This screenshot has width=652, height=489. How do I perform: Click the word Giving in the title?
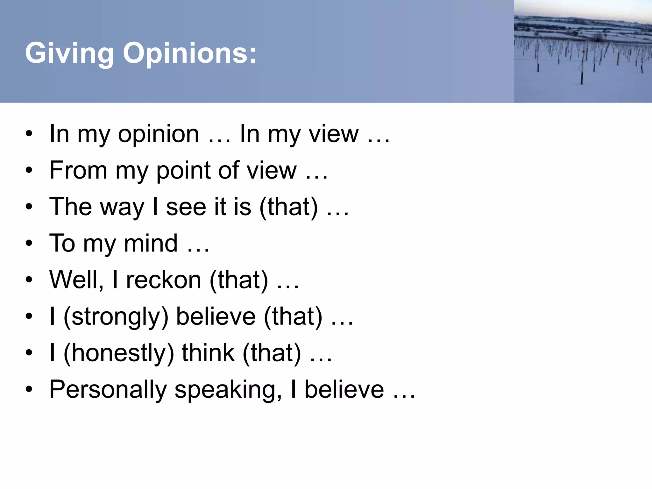pyautogui.click(x=69, y=53)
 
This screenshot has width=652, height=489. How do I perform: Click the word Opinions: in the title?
pyautogui.click(x=189, y=53)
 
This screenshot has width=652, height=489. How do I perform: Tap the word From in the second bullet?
pyautogui.click(x=78, y=171)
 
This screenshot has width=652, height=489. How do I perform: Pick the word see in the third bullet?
pyautogui.click(x=186, y=208)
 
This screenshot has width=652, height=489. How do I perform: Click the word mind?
pyautogui.click(x=151, y=244)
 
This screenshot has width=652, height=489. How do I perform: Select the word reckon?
pyautogui.click(x=164, y=280)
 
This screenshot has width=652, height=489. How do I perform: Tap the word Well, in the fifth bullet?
pyautogui.click(x=77, y=280)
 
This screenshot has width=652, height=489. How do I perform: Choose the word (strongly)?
pyautogui.click(x=116, y=317)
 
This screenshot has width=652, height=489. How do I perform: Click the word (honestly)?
pyautogui.click(x=119, y=353)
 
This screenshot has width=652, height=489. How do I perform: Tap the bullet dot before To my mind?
pyautogui.click(x=29, y=244)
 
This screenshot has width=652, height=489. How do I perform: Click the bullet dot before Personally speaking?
pyautogui.click(x=29, y=390)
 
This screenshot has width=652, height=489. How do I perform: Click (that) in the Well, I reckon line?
pyautogui.click(x=239, y=280)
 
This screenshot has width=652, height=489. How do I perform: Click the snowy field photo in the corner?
pyautogui.click(x=583, y=51)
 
